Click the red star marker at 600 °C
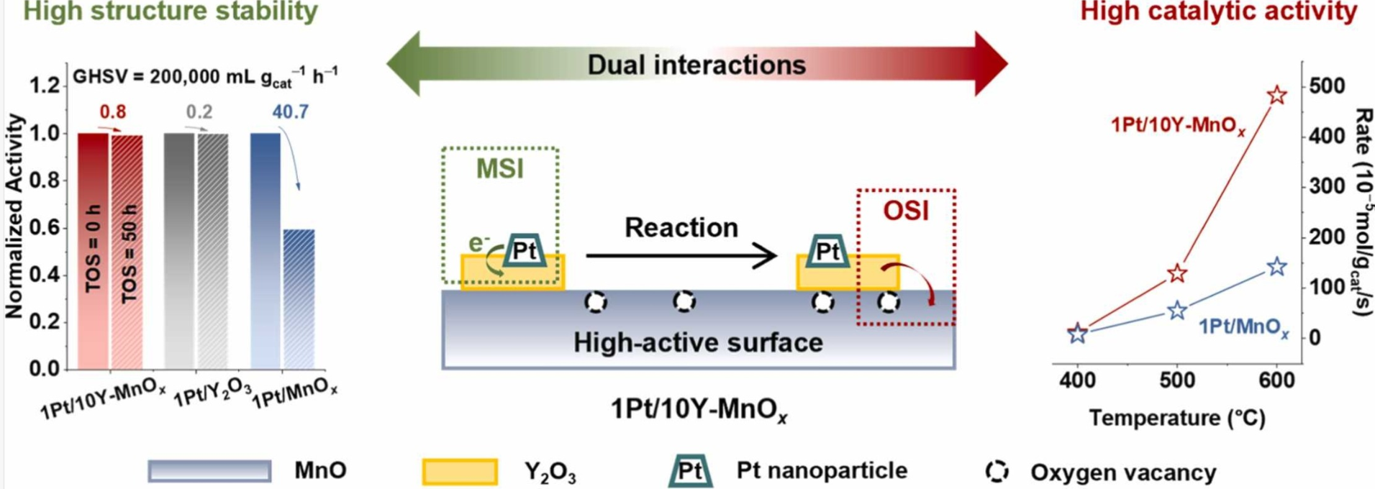[1276, 95]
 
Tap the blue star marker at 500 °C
[1177, 311]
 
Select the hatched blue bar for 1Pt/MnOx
[299, 298]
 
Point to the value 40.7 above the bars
[290, 112]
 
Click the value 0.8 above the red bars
[112, 112]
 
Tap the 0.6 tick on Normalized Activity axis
[45, 228]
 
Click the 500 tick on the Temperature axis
[1177, 380]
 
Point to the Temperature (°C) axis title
[1176, 419]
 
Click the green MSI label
[499, 169]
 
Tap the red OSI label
[906, 211]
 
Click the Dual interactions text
[696, 65]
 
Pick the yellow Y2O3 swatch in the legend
[460, 472]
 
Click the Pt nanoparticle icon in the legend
[690, 471]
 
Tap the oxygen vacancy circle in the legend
[997, 471]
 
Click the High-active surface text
[697, 342]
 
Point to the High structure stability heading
[171, 12]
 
